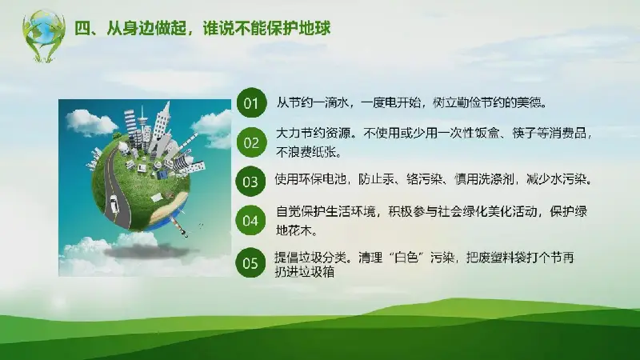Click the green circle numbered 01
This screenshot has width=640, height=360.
251,103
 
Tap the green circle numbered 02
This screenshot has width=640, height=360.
251,142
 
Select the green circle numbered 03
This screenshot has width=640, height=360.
250,182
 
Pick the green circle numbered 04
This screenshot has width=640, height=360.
250,221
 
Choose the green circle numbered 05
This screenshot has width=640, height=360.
250,263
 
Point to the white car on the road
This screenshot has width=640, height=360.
114,204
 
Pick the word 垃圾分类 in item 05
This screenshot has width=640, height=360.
322,258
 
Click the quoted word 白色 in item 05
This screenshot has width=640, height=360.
406,258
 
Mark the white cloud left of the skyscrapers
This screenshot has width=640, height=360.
90,122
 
